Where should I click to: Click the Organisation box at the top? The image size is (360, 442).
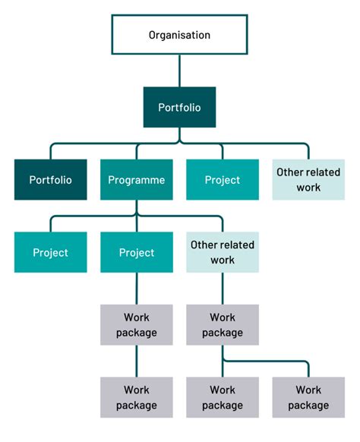179,35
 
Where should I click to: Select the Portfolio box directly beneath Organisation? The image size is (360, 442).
179,107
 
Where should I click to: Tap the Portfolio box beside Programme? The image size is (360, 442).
50,180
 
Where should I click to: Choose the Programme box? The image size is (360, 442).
137,180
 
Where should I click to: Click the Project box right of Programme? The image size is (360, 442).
223,180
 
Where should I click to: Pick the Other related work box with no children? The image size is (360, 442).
309,180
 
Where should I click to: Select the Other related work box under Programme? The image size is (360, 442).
223,252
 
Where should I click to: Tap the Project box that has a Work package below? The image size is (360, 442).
137,252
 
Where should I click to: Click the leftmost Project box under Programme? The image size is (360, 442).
50,252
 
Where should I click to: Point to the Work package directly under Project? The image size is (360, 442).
137,324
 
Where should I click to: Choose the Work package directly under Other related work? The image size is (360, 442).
223,324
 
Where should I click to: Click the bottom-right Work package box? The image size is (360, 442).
309,397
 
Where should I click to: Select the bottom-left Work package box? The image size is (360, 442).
137,397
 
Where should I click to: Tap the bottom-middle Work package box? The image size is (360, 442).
223,397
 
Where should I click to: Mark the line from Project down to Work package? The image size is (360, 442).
137,289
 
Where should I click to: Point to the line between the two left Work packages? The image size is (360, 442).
137,361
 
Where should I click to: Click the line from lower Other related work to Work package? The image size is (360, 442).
223,289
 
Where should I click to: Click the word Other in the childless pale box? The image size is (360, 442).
289,172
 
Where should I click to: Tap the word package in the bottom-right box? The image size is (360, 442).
309,405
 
